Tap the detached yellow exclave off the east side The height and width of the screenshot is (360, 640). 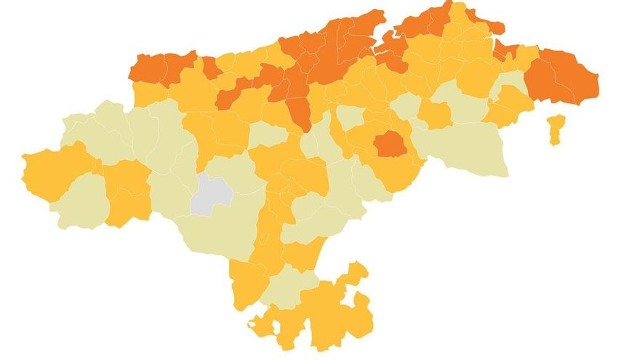point(556,129)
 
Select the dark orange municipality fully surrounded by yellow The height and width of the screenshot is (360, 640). point(390,144)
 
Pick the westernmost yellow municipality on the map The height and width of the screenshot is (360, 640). point(51,170)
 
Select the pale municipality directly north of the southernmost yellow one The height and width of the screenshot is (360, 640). point(287,284)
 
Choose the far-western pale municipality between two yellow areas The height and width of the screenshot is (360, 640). point(80,200)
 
